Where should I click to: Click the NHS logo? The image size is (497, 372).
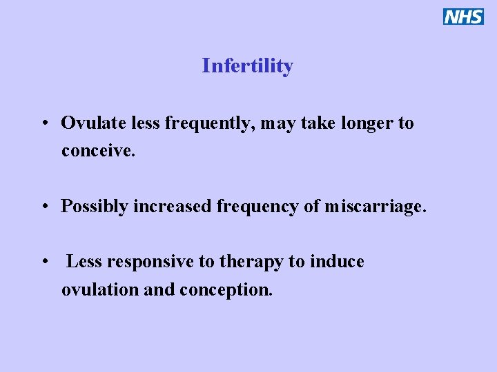point(463,17)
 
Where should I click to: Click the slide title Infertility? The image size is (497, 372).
point(247,65)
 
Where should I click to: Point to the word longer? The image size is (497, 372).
point(367,124)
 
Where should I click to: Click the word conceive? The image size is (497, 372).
point(98,150)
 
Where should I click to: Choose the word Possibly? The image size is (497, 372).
point(94,207)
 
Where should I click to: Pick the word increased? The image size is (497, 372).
point(173,206)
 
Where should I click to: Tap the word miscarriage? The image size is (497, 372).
point(376,207)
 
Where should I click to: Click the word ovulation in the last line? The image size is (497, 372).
point(99,289)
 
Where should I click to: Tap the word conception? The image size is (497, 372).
point(226,290)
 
